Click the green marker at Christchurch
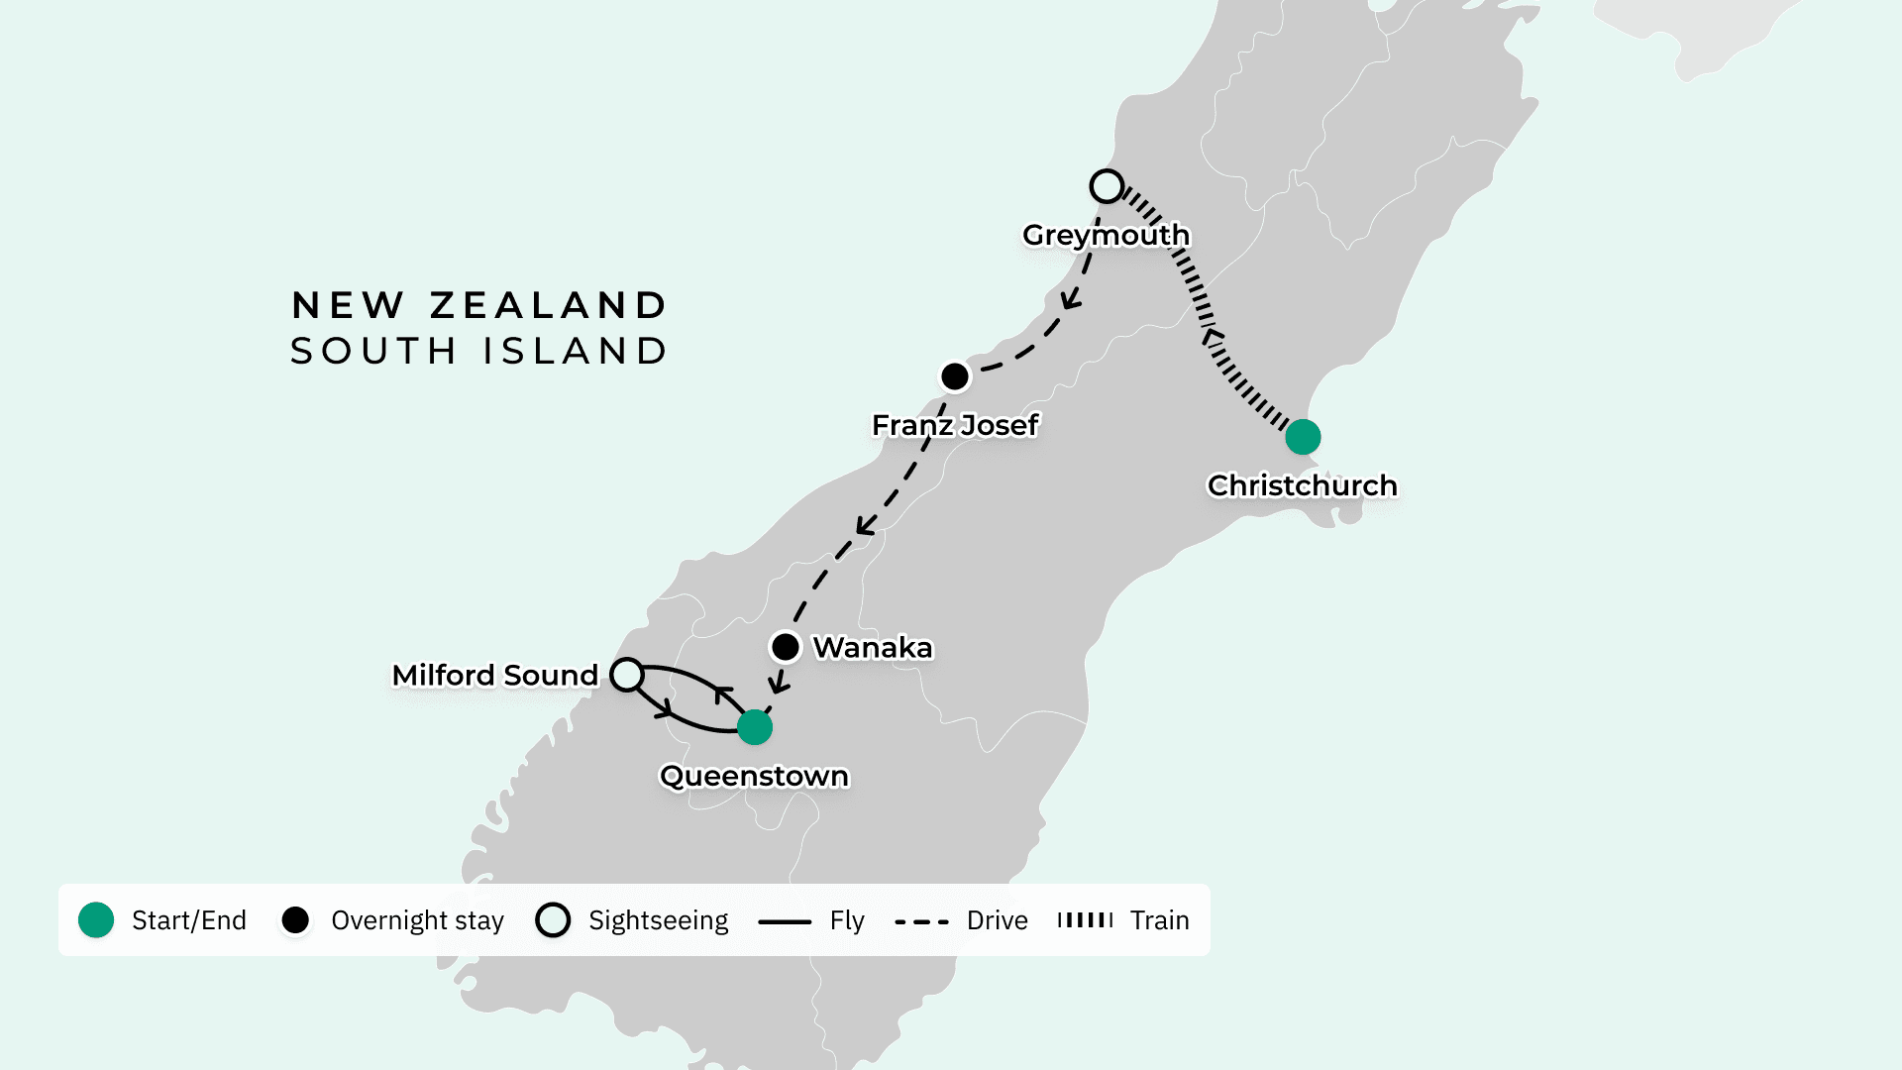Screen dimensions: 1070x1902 tap(1303, 437)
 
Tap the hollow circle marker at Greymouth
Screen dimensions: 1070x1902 tap(1107, 186)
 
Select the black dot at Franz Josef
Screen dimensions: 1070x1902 tap(955, 376)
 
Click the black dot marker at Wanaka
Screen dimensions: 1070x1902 tap(786, 647)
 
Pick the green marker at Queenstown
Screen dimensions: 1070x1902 tap(755, 727)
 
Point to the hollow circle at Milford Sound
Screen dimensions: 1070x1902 tap(626, 675)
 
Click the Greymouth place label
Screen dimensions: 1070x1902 tap(1106, 235)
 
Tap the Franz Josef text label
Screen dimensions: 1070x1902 tap(955, 425)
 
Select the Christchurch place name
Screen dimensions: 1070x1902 tap(1302, 485)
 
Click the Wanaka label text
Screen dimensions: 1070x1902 tap(873, 648)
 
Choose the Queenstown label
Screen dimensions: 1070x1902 tap(754, 776)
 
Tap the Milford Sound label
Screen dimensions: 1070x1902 tap(495, 676)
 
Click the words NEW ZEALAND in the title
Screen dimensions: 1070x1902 tap(479, 305)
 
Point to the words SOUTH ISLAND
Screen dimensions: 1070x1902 tap(479, 351)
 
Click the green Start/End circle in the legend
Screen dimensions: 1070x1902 tap(96, 920)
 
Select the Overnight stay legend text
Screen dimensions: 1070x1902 tap(417, 920)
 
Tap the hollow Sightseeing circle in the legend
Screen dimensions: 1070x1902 tap(553, 920)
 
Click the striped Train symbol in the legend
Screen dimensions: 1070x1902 tap(1085, 920)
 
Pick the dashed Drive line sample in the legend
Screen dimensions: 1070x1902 tap(921, 921)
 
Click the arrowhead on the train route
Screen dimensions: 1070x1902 tap(1210, 337)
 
